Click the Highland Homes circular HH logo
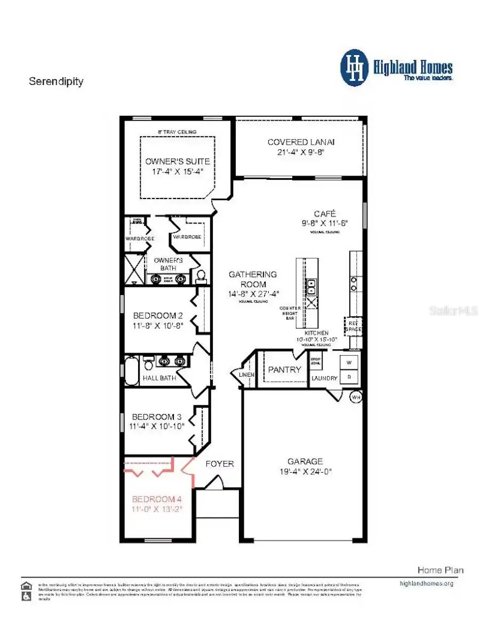click(354, 68)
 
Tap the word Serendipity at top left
click(56, 82)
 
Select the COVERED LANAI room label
click(301, 142)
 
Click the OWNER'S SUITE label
click(177, 161)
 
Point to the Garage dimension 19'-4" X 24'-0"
click(305, 471)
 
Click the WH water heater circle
click(356, 397)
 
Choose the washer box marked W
click(349, 362)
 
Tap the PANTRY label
click(284, 369)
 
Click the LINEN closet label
click(247, 375)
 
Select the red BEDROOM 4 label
click(157, 499)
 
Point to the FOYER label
click(220, 464)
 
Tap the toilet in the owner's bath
click(201, 275)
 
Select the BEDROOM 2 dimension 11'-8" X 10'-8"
click(158, 325)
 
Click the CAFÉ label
click(324, 213)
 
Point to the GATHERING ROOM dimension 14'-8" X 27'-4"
click(253, 293)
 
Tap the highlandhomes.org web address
click(426, 583)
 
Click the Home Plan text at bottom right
click(440, 570)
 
